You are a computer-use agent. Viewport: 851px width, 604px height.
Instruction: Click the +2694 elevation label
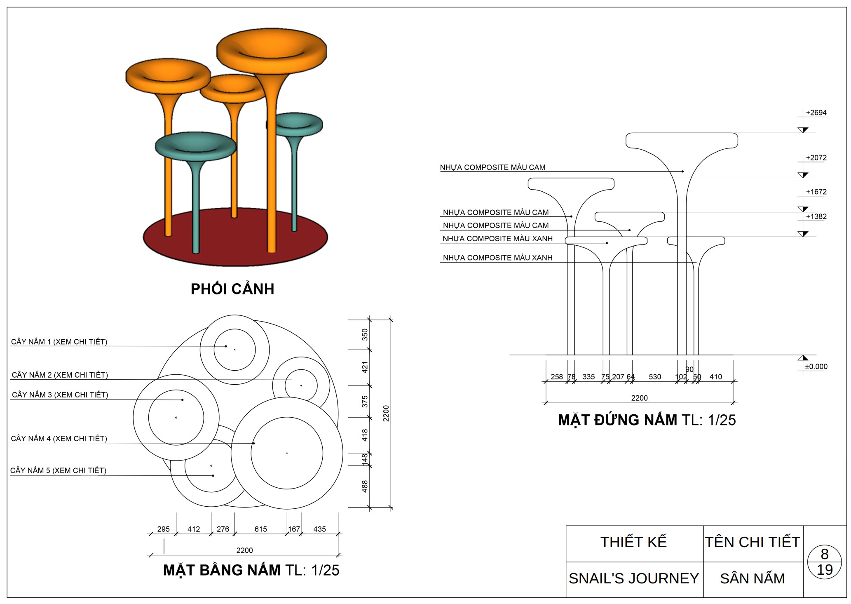pos(816,113)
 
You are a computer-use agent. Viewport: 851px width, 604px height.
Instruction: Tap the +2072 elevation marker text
pos(816,158)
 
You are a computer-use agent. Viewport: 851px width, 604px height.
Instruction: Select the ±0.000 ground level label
pos(816,367)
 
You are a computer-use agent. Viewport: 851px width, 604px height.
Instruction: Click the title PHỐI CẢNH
pos(232,289)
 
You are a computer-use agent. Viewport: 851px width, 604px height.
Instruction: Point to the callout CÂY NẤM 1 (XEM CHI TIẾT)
pos(59,342)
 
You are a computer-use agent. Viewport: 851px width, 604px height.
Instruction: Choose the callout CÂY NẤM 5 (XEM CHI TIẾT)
pos(58,470)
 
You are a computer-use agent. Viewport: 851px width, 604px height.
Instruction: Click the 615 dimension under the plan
pos(260,529)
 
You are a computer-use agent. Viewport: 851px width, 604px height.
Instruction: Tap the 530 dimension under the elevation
pos(654,377)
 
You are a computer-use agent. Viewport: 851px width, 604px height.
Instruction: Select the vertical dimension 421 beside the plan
pos(365,367)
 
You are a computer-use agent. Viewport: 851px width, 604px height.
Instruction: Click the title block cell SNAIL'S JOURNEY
pos(633,578)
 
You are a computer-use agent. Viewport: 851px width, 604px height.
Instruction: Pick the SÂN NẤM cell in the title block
pos(752,579)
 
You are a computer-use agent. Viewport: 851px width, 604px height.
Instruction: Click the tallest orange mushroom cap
pos(272,49)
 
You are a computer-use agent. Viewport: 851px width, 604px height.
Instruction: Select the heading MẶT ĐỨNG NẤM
pos(617,420)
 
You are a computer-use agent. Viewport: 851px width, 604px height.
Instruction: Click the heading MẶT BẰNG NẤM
pos(221,570)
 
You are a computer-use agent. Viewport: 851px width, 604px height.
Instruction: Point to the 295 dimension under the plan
pos(163,529)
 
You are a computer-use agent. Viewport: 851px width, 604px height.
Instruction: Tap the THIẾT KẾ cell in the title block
pos(633,542)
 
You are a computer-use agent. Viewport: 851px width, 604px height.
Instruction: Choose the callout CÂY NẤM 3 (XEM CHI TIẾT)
pos(60,395)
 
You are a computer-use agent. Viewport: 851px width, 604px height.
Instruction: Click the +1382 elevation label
pos(816,217)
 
